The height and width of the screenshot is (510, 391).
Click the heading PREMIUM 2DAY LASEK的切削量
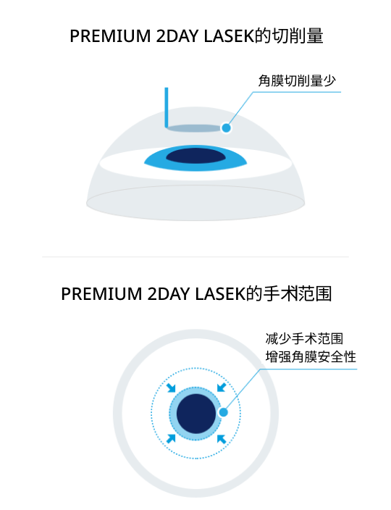click(x=196, y=35)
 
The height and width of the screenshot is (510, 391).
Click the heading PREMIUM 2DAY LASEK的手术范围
click(x=196, y=293)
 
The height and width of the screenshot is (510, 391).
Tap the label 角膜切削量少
click(x=297, y=80)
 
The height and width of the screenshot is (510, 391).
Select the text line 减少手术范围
click(x=304, y=338)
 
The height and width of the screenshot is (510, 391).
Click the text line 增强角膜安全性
click(x=311, y=357)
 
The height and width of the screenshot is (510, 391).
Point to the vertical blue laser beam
click(x=167, y=107)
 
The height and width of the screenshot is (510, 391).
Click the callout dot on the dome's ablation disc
click(x=226, y=128)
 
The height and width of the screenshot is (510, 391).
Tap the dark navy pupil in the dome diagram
click(x=195, y=156)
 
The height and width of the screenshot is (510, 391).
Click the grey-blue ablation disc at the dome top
click(x=194, y=128)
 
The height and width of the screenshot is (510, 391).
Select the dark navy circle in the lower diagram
click(x=196, y=414)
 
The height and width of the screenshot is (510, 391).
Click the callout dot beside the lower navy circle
click(x=223, y=412)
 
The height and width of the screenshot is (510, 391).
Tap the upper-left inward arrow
click(x=171, y=388)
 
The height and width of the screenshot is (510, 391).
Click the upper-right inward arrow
click(x=222, y=388)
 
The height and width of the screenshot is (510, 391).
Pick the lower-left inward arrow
click(x=171, y=438)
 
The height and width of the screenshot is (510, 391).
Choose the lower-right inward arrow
click(x=222, y=439)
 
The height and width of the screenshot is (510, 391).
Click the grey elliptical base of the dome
click(x=195, y=203)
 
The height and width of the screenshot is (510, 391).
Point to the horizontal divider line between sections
click(x=195, y=256)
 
